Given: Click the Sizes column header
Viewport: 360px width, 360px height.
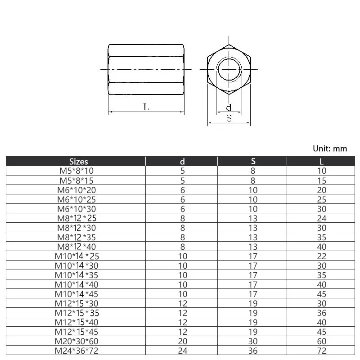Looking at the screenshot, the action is coord(78,162).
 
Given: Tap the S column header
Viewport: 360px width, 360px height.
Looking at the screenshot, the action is coord(253,161).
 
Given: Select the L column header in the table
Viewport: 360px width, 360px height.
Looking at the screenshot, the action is coord(321,162).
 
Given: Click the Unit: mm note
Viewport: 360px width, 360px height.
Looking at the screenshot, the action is coord(330,148).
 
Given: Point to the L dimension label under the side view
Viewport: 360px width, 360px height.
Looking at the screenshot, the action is coord(146,107).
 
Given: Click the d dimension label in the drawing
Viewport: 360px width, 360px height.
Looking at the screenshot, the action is coord(229,107).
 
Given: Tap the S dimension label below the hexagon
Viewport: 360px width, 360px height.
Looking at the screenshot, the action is coord(229,118).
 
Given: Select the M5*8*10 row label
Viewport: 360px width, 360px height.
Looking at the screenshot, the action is coord(76,171).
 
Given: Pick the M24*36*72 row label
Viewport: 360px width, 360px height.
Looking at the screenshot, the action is coord(76,351).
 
